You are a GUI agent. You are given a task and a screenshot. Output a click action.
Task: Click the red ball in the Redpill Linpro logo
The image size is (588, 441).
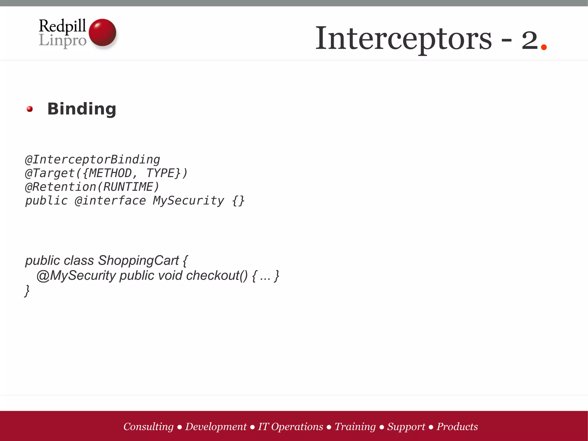coord(102,32)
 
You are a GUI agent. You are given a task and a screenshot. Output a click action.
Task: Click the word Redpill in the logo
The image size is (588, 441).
coord(62,26)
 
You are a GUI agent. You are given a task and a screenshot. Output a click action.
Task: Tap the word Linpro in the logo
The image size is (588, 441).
coord(62,40)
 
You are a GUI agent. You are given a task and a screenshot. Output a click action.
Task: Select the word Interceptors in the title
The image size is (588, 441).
coord(403,39)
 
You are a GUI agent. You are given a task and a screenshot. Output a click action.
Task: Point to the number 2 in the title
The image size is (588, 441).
coord(529,40)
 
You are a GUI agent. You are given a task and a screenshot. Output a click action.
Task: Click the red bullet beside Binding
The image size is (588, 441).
coord(30,109)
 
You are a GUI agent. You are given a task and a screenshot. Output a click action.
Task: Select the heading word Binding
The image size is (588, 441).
coord(82,109)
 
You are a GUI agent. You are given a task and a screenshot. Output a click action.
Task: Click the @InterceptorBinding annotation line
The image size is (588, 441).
coord(92,160)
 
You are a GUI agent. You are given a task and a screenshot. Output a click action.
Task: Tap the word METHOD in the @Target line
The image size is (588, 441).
coord(110,173)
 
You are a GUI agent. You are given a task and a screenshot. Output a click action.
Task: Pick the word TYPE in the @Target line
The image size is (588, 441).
coord(160,173)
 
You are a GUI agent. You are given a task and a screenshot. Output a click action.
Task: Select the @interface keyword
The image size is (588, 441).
coord(110,201)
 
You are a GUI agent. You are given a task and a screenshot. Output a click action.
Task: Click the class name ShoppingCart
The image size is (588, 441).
coord(138,261)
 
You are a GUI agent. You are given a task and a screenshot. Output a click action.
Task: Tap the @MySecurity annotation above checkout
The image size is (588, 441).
coord(76,276)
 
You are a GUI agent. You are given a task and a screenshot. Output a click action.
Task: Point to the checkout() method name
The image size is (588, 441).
coord(216,276)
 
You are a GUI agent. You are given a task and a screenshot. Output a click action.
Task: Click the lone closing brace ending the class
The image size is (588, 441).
coord(27,291)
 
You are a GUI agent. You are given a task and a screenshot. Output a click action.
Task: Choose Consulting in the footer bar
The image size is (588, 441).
coord(148,427)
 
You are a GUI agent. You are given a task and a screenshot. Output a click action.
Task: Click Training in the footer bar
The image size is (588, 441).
coord(355,427)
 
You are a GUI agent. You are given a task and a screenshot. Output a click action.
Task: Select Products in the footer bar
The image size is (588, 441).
coord(457,427)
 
